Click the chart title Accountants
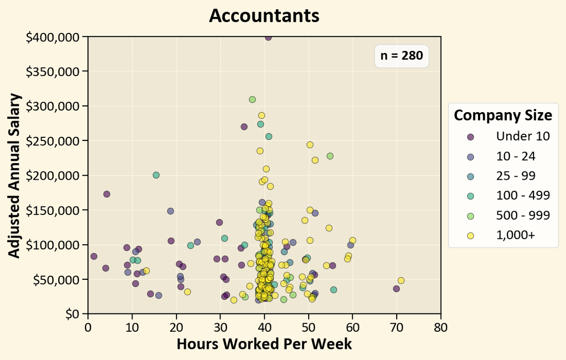click(264, 15)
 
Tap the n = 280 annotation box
click(401, 56)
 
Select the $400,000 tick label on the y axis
click(52, 37)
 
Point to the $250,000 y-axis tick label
click(52, 141)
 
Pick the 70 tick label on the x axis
click(397, 328)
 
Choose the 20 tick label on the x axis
click(176, 328)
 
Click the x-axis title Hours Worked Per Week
click(264, 344)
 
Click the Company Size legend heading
click(503, 115)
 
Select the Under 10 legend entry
click(523, 136)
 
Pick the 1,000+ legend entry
click(516, 235)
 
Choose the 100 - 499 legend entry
click(523, 195)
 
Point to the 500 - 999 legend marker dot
click(470, 216)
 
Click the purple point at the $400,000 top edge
click(268, 37)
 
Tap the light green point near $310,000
click(252, 100)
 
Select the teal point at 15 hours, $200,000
click(156, 175)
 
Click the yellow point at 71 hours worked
click(401, 280)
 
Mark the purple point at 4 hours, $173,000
click(107, 194)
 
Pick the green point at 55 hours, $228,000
click(330, 156)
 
